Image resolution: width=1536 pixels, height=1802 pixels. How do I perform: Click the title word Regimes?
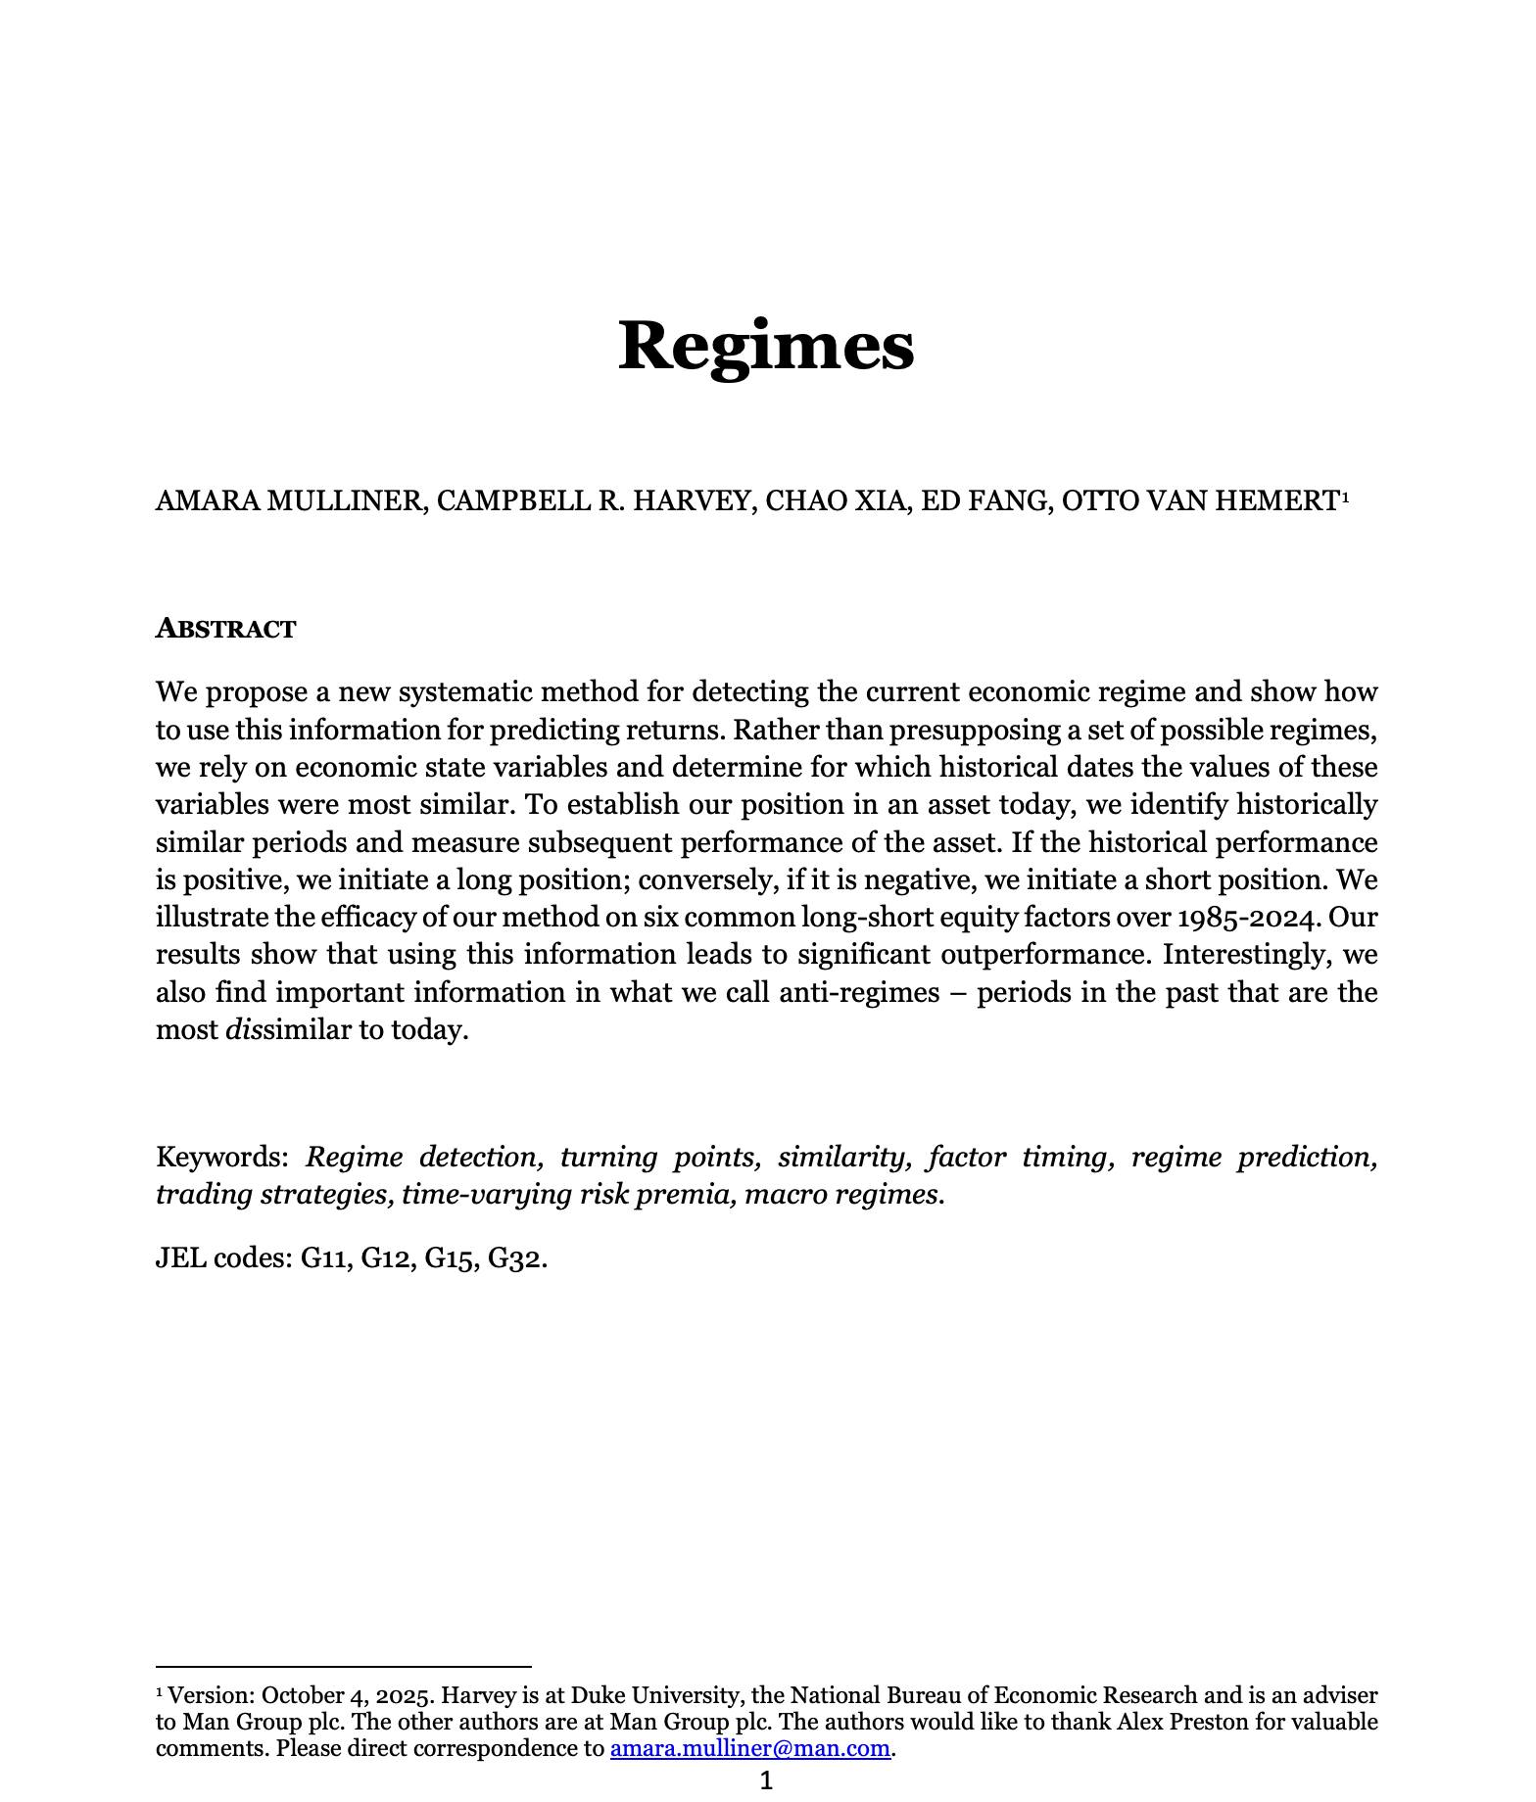(x=766, y=345)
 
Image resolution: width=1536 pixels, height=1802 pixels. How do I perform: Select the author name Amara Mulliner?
(x=290, y=500)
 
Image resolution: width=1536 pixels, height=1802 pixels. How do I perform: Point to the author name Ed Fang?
(x=986, y=500)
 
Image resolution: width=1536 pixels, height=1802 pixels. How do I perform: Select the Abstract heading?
(x=225, y=629)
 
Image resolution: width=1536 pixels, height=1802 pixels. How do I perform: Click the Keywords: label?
(x=221, y=1158)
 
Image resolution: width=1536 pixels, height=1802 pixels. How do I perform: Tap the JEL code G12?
(x=384, y=1257)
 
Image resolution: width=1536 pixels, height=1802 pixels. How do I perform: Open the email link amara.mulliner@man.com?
(x=749, y=1748)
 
